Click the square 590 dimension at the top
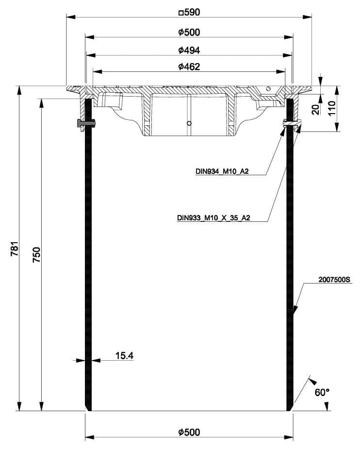[x=189, y=12]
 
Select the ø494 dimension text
[x=189, y=50]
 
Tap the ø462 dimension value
[x=189, y=67]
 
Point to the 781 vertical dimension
[x=15, y=249]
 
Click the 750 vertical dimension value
[x=37, y=254]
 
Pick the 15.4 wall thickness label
[x=125, y=355]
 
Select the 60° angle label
[x=322, y=392]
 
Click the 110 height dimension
[x=331, y=108]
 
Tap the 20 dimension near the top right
[x=315, y=110]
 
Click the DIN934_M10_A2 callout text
[x=222, y=171]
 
